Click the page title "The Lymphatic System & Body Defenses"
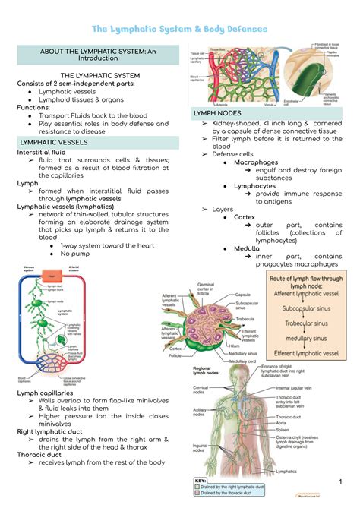[x=179, y=29]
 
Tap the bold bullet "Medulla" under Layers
[x=247, y=248]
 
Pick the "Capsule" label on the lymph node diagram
[x=243, y=295]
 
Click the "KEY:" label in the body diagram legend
[x=200, y=481]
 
